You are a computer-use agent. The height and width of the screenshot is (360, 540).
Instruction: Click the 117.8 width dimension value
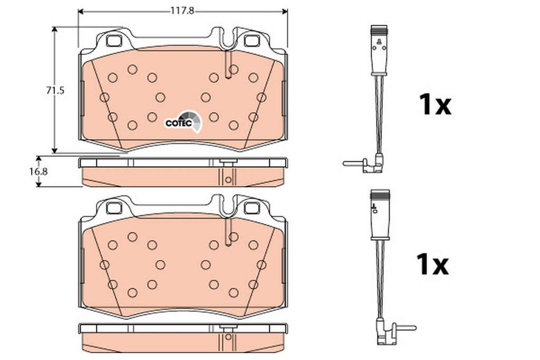click(x=182, y=11)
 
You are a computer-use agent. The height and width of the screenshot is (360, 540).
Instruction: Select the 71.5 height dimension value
click(x=55, y=91)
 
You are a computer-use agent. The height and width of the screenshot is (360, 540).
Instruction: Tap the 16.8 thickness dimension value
click(x=38, y=171)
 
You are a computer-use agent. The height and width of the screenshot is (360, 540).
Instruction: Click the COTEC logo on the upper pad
click(x=184, y=122)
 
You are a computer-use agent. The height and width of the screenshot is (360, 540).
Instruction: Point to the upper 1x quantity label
click(x=435, y=105)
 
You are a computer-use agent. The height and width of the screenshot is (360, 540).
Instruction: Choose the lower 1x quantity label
click(x=432, y=264)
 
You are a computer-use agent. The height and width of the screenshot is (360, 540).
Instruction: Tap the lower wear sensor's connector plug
click(x=380, y=213)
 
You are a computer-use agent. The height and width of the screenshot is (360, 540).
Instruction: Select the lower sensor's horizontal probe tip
click(x=407, y=328)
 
